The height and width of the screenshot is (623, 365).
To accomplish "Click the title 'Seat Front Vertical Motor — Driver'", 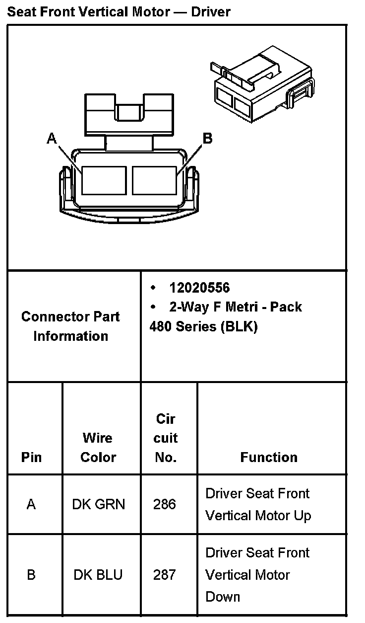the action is point(119,12).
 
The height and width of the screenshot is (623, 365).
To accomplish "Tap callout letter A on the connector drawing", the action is point(52,139).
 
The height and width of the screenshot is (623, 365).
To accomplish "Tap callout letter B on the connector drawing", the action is point(208,139).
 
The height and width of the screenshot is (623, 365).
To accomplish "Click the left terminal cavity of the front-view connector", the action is point(104,180).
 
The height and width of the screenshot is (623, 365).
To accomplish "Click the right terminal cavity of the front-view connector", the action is point(155,180).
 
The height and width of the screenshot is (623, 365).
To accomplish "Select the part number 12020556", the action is point(199,288).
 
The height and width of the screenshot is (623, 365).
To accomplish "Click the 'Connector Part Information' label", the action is point(70,326).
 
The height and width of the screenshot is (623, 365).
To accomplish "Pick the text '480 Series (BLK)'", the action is point(203,327).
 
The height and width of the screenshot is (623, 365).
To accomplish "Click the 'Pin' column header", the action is point(31,457).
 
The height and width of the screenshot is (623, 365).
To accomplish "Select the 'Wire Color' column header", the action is point(98,447).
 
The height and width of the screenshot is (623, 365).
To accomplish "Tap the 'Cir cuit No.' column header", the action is point(166,438).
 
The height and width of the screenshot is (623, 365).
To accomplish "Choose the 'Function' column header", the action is point(269,457).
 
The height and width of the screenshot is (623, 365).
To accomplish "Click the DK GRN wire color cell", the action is point(99,504).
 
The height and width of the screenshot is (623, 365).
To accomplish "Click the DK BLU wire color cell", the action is point(98,575).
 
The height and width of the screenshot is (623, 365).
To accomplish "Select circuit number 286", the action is point(165,504).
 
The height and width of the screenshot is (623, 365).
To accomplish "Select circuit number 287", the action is point(165,575).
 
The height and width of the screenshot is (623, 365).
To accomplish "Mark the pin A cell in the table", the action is point(31,504).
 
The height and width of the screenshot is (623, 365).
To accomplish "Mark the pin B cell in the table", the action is point(31,575).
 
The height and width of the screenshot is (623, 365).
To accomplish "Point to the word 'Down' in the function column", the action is point(223,597).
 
